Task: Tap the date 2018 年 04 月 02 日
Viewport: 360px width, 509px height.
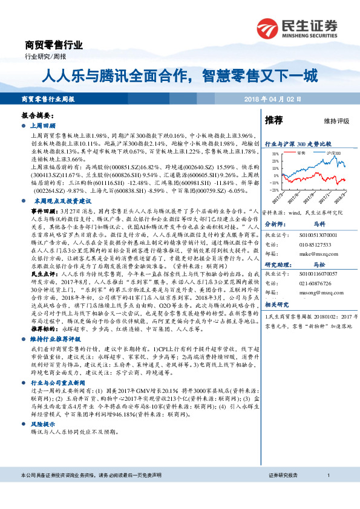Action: click(271, 99)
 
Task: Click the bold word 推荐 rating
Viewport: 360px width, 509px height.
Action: click(274, 120)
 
